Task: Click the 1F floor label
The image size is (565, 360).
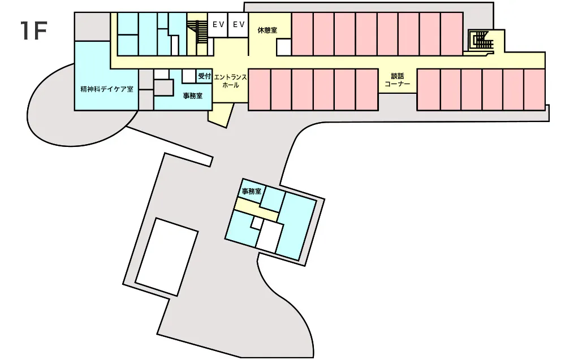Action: pos(34,31)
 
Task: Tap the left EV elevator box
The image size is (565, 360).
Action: pos(218,25)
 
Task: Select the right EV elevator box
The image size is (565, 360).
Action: pos(239,25)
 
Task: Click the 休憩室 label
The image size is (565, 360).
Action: pos(268,31)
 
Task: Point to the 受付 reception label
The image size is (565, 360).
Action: pos(204,76)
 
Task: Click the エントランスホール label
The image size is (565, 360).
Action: pos(231,81)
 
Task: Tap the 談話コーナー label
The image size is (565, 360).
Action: pos(398,80)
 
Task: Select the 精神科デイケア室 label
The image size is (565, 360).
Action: pos(107,89)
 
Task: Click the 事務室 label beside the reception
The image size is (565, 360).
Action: pos(193,96)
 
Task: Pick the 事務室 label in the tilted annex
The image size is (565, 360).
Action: pos(251,191)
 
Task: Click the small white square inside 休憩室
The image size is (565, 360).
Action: pos(283,47)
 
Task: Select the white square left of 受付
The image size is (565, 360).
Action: pos(188,76)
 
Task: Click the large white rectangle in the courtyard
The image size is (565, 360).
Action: pos(167,257)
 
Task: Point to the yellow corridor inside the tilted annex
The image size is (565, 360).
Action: pos(256,210)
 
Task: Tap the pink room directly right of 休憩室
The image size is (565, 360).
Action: pos(302,34)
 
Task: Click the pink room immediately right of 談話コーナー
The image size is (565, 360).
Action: pos(429,89)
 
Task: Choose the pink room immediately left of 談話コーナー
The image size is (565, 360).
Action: pos(367,89)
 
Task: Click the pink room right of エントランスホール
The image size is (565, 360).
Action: pos(260,89)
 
